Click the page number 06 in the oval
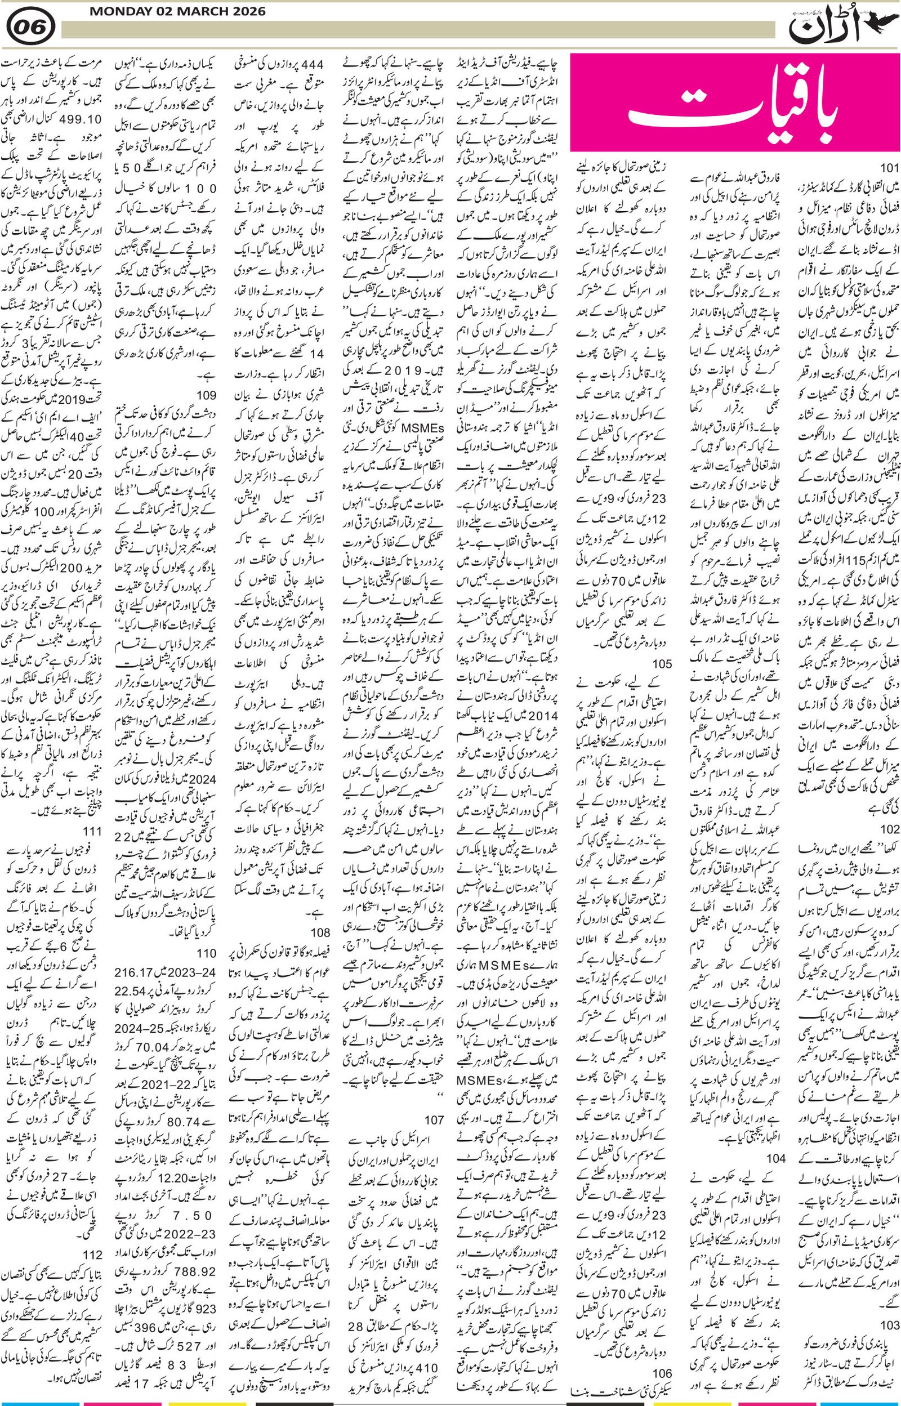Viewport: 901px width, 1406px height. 32,27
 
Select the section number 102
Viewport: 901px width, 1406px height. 888,829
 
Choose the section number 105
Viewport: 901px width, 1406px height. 662,664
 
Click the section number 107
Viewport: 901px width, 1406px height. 435,1087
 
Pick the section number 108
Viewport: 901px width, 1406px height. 320,932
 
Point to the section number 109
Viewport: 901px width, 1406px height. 207,395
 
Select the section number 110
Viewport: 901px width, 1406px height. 207,953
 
